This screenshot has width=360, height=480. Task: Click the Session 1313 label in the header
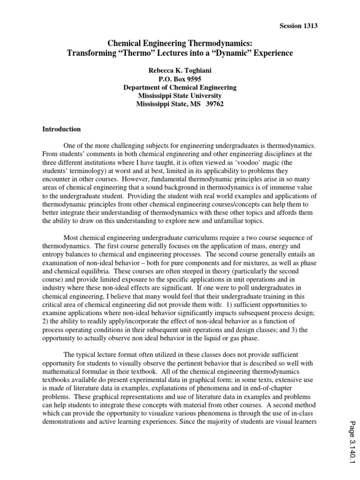click(298, 26)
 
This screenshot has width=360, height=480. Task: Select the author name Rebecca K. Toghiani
click(180, 70)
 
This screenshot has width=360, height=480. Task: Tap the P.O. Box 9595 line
click(180, 79)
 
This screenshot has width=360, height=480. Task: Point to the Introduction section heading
click(61, 129)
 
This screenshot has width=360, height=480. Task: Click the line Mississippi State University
click(180, 96)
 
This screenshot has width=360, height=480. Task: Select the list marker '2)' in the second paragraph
click(46, 322)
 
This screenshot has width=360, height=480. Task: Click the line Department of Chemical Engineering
click(180, 87)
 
